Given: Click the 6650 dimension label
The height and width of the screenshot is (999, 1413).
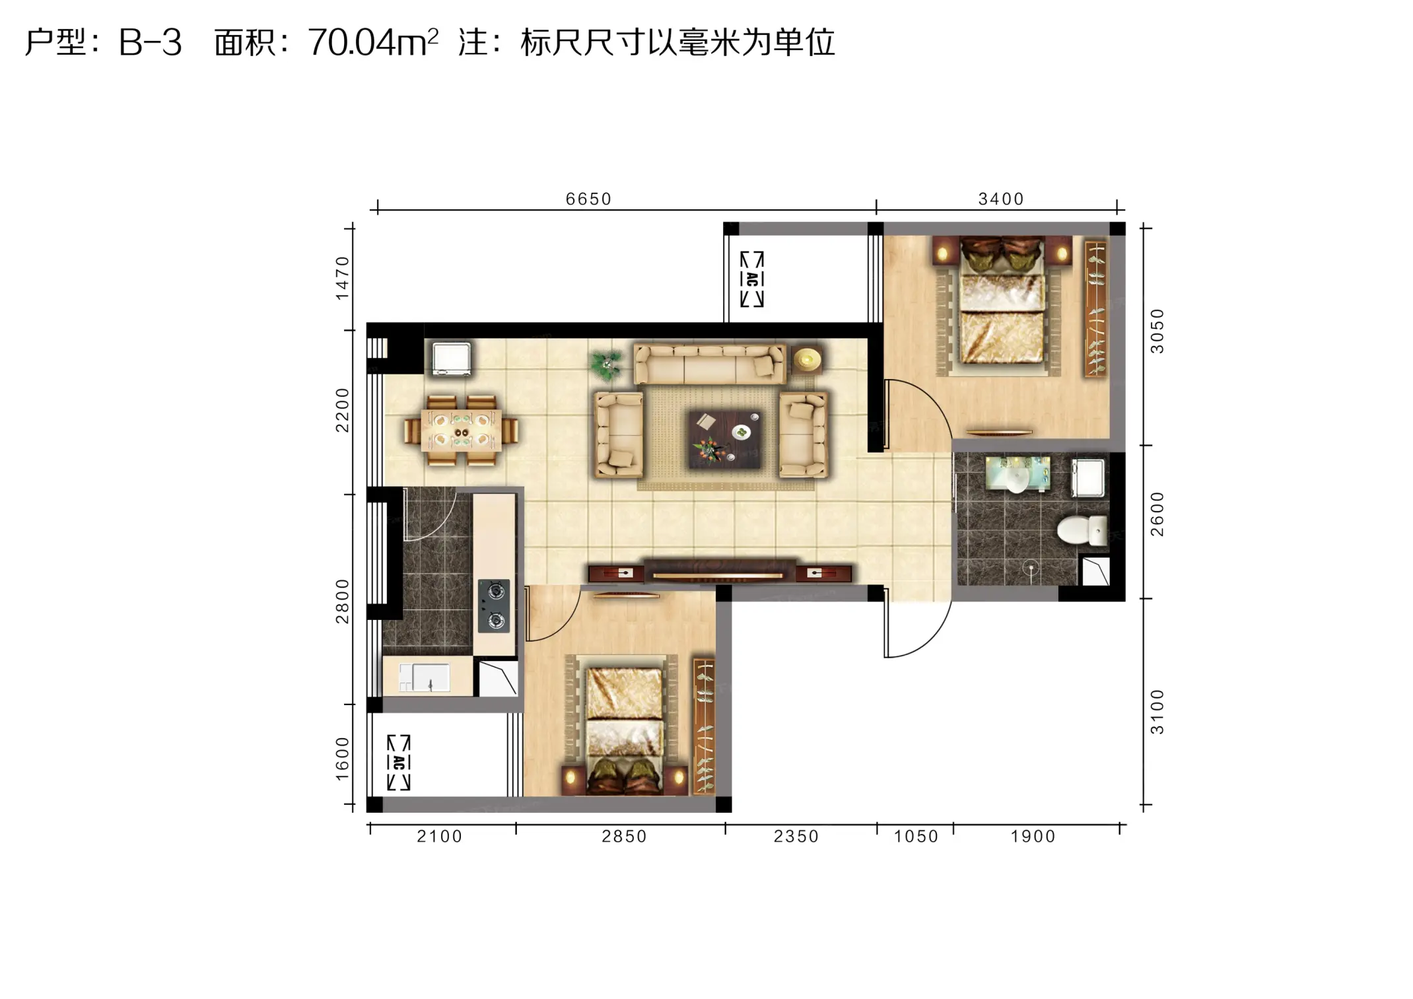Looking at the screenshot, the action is tap(588, 199).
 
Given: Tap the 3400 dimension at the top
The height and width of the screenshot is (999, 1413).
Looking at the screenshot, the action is tap(1000, 199).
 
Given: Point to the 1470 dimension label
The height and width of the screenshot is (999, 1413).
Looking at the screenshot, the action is tap(341, 278).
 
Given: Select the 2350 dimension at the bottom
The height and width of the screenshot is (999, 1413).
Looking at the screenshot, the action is tap(796, 837).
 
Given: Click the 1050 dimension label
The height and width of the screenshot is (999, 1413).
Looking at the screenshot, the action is tap(916, 837).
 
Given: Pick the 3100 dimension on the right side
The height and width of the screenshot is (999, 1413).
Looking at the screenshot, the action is tap(1157, 712).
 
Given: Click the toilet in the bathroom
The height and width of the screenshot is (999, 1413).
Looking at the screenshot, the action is tap(1082, 530).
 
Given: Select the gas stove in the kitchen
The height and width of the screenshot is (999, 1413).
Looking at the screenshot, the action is tap(494, 606).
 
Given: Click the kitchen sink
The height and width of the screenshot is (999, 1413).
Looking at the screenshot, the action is tap(424, 677).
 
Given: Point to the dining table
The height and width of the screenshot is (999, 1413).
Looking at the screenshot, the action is tap(461, 430).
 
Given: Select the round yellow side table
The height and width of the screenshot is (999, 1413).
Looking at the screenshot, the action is tap(807, 360).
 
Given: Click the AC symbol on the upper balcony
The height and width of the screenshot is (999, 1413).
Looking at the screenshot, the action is tap(751, 279).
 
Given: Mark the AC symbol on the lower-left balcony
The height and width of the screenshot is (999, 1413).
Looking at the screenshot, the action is tap(398, 763).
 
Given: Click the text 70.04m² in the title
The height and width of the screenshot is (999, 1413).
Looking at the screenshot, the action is tap(373, 42).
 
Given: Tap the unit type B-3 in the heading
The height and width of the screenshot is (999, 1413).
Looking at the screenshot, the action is tap(150, 43).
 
